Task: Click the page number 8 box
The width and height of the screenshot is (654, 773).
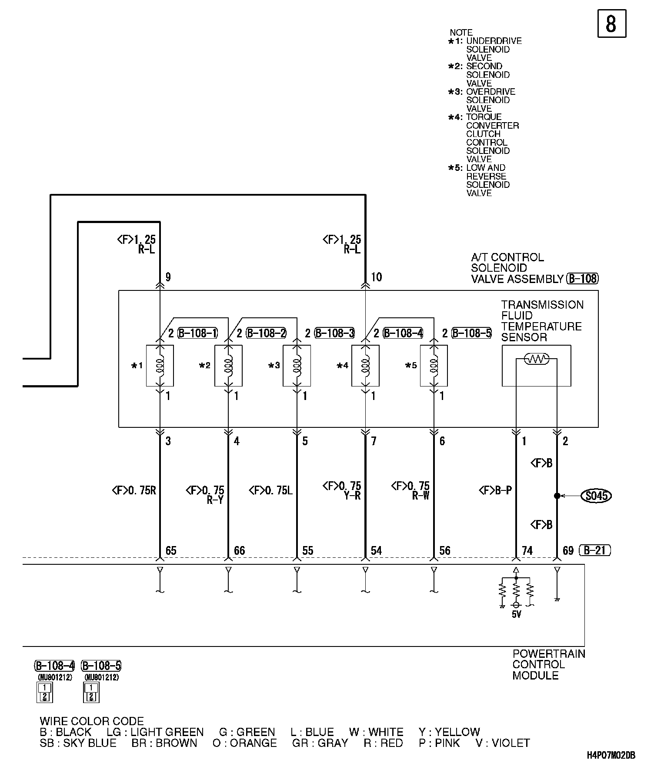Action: click(611, 23)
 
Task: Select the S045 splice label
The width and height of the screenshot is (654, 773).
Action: click(596, 496)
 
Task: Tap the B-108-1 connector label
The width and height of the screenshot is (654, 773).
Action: click(197, 333)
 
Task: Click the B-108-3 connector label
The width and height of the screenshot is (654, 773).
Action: click(334, 333)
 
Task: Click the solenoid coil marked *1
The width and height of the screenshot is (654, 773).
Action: click(160, 366)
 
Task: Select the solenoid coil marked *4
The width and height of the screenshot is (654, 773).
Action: click(365, 366)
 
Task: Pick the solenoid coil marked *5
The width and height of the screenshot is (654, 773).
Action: click(434, 366)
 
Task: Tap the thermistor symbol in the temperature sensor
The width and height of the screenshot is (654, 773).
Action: click(537, 359)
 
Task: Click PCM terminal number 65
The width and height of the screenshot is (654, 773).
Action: click(171, 551)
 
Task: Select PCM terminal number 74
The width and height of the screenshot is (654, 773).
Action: click(527, 551)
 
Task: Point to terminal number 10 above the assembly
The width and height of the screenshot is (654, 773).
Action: click(376, 277)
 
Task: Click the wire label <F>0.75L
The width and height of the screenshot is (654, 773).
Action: click(270, 491)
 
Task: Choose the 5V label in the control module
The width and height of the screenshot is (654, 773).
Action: click(516, 615)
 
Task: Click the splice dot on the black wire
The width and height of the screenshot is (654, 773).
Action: click(557, 496)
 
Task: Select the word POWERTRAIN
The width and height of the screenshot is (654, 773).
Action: click(549, 654)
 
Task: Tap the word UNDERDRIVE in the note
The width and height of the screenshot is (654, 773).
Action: click(494, 41)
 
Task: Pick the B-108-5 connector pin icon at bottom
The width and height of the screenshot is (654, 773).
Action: click(91, 693)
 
